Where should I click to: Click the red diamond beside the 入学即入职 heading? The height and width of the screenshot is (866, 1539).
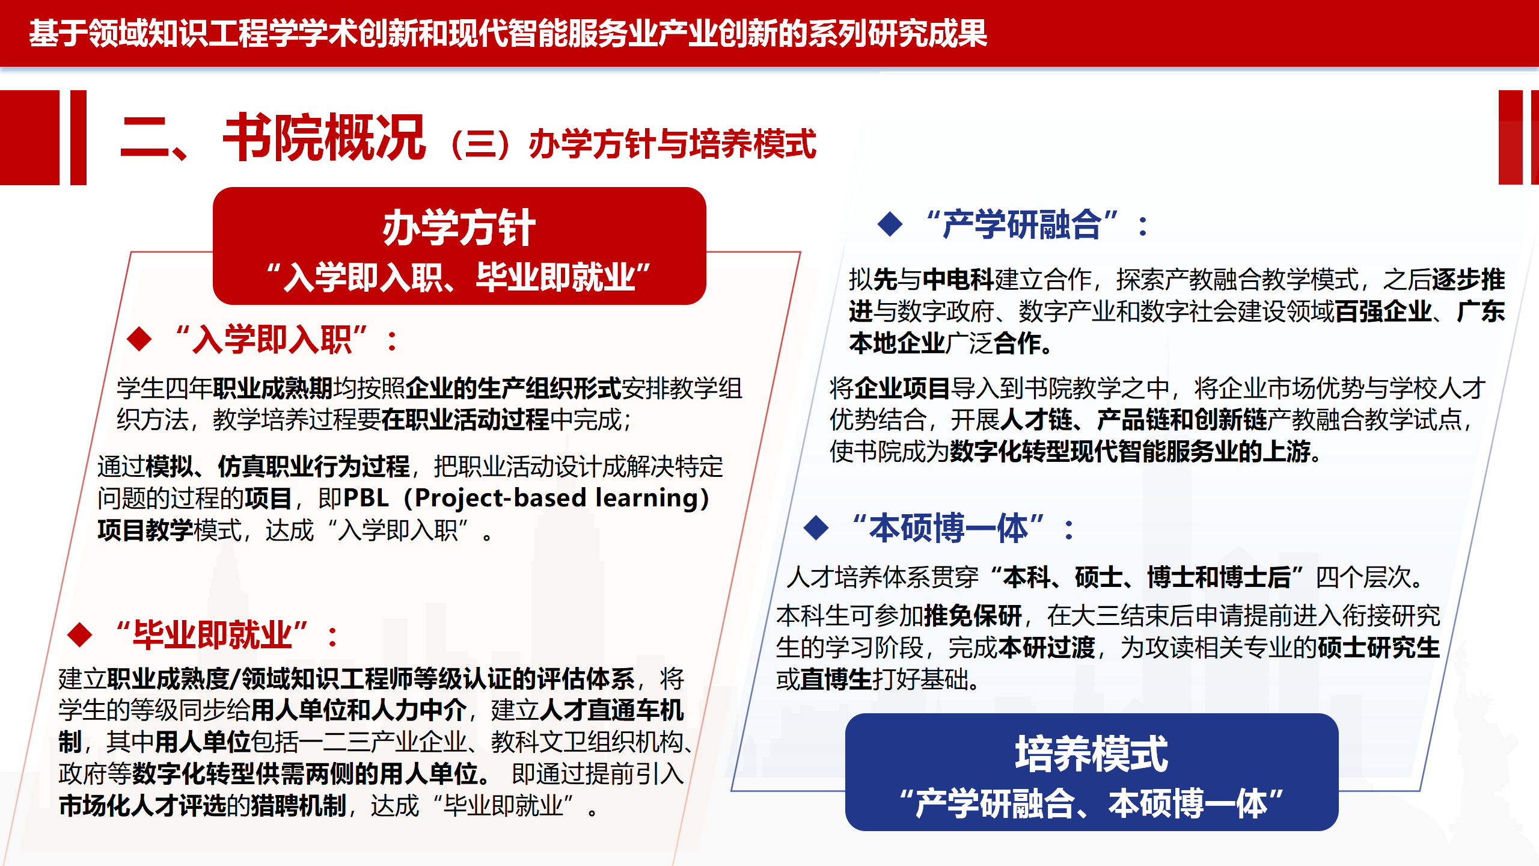coord(139,339)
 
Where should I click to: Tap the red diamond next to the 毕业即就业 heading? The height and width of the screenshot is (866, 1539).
coord(80,634)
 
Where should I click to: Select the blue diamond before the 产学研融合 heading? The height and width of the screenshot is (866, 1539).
coord(890,224)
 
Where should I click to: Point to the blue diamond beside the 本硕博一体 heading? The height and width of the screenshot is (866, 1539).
coord(816,528)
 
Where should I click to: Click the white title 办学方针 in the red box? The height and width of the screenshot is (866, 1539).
coord(459,228)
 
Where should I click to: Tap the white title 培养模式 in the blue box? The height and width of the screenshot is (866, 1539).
coord(1091,754)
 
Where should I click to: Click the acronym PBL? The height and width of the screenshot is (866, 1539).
coord(366,498)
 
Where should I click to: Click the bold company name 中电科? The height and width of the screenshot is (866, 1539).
coord(958,280)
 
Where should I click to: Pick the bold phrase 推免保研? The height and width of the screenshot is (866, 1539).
coord(973,615)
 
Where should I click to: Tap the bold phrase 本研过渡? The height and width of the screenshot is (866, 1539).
coord(1047,648)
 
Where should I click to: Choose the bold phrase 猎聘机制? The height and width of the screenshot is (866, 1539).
coord(299,806)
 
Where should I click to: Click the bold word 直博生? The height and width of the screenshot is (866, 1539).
coord(836,680)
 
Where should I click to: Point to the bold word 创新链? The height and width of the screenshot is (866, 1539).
coord(1231,420)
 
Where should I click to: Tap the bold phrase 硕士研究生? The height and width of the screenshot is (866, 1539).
coord(1379,648)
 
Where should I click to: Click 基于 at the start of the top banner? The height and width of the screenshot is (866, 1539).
coord(58,33)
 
